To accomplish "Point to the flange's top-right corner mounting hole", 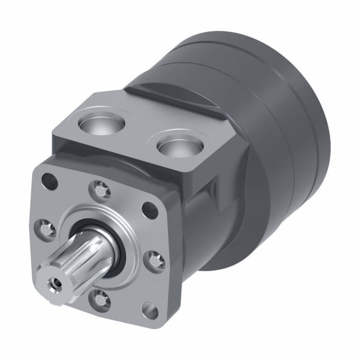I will (149, 209).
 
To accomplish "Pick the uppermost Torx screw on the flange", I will (100, 189).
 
